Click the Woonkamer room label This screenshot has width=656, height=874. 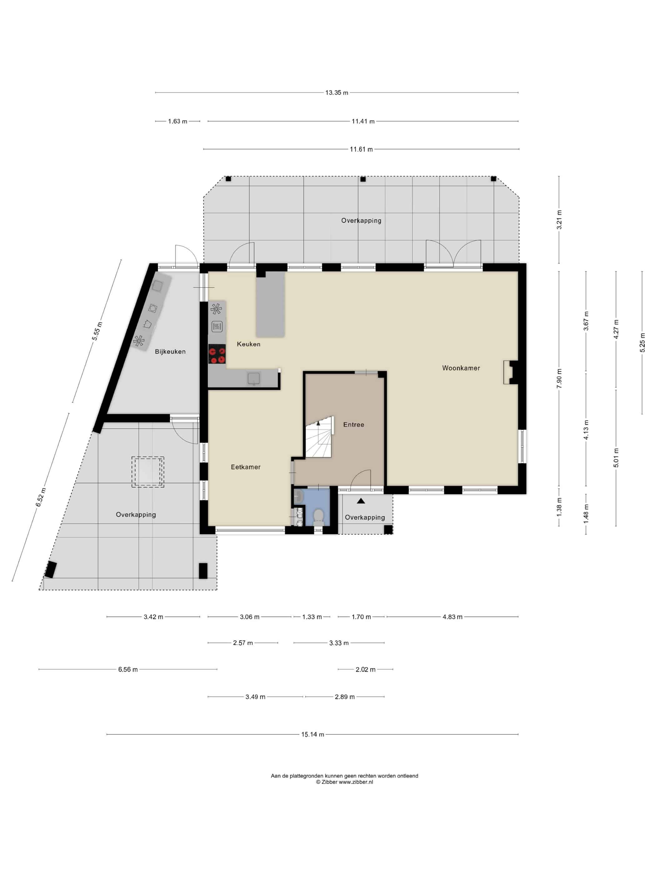click(461, 368)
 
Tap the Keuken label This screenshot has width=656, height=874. click(248, 344)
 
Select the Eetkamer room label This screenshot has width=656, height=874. click(246, 467)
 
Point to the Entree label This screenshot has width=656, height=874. click(354, 425)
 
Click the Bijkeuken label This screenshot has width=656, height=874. click(170, 352)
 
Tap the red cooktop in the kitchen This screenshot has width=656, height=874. click(217, 354)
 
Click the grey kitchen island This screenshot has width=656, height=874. click(271, 304)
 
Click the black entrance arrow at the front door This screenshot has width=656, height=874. click(360, 501)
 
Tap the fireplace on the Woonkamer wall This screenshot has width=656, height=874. click(510, 372)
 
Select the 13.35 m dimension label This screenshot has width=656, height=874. click(336, 93)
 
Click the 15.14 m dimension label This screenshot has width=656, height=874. click(312, 734)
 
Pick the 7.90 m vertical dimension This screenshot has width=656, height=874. click(559, 379)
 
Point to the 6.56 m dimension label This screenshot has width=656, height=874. click(128, 669)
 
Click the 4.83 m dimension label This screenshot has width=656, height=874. click(452, 617)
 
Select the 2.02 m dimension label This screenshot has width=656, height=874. click(365, 669)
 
